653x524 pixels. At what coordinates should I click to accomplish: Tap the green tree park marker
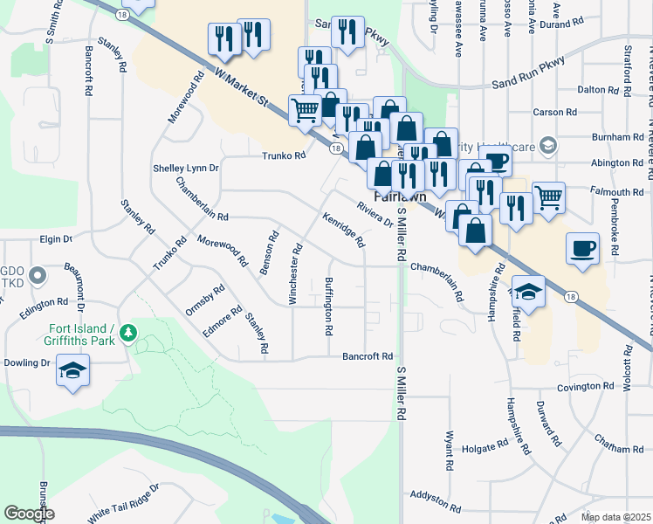point(129,333)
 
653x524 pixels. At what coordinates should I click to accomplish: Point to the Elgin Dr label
point(55,238)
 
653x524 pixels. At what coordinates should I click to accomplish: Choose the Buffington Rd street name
point(329,307)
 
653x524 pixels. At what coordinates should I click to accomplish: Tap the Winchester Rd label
point(296,273)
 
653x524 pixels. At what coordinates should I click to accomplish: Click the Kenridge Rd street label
point(342,229)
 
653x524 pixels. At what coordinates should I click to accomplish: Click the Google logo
point(29,514)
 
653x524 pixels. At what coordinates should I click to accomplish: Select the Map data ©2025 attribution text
point(615,517)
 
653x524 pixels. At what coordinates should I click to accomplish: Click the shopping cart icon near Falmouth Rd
point(547,196)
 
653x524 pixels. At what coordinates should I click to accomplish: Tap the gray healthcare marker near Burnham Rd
point(548,144)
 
